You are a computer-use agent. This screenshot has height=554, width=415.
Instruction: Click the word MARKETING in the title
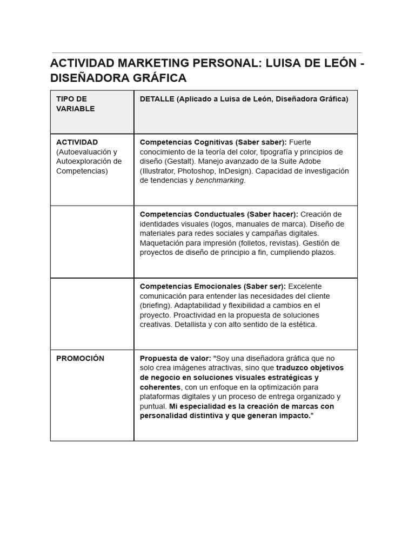click(155, 63)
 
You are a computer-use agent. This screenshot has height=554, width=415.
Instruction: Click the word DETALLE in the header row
click(157, 98)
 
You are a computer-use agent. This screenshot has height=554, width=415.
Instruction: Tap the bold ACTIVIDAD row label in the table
click(77, 142)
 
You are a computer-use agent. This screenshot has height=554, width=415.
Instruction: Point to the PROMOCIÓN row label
click(80, 358)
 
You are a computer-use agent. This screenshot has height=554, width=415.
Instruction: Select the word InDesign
click(236, 171)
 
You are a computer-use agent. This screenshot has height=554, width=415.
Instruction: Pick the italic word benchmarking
click(219, 180)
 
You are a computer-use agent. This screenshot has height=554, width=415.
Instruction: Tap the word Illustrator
click(159, 171)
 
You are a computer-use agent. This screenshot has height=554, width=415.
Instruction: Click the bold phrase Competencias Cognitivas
click(186, 142)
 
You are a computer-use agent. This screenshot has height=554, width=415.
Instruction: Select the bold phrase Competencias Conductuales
click(191, 214)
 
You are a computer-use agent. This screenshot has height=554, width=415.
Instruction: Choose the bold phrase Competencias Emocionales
click(190, 286)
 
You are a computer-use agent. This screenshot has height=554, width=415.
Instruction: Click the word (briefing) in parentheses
click(156, 305)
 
